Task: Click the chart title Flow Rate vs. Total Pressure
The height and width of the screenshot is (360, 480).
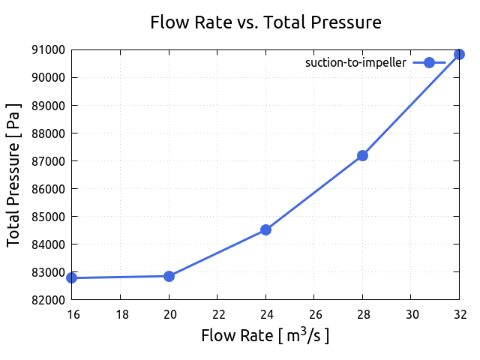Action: point(265,22)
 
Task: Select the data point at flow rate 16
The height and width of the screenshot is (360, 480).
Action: point(72,277)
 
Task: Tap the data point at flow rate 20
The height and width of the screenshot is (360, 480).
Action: point(169,276)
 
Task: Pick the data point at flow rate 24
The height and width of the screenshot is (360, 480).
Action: point(265,229)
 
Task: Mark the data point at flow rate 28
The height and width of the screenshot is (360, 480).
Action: point(362,155)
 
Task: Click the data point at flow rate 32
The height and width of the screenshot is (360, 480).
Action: point(459,55)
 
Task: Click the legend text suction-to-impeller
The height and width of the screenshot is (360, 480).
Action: point(355,63)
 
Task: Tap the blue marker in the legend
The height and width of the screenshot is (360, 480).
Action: point(429,63)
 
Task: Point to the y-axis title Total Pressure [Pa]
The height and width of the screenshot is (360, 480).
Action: point(13,175)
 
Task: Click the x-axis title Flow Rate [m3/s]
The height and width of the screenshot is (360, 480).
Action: point(265,335)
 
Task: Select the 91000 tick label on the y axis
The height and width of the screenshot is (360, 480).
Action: point(48,50)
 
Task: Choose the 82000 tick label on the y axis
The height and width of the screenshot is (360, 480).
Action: point(48,300)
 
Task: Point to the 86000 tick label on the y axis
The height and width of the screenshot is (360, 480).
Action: point(48,189)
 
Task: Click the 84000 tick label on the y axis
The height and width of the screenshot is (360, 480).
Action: point(48,244)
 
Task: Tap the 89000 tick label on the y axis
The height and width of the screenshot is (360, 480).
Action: point(48,106)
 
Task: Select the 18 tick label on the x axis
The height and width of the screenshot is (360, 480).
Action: point(121,313)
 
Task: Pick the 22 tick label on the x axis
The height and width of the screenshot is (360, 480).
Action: point(217,313)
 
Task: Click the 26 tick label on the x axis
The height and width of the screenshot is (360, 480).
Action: point(314,313)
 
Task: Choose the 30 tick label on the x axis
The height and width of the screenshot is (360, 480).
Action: point(411,313)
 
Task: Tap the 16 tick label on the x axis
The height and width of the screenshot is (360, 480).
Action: point(72,313)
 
